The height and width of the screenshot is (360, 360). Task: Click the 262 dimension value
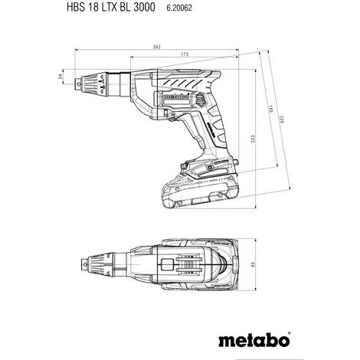156,47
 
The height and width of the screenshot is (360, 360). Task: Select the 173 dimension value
185,54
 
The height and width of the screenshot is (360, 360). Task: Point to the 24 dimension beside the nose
61,76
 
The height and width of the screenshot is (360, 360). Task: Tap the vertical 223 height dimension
253,139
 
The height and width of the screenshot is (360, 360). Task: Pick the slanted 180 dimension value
271,110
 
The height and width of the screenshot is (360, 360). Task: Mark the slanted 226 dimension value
282,119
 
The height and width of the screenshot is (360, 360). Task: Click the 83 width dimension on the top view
253,265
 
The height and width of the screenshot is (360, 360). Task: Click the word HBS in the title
76,7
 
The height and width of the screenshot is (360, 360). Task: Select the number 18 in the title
93,7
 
